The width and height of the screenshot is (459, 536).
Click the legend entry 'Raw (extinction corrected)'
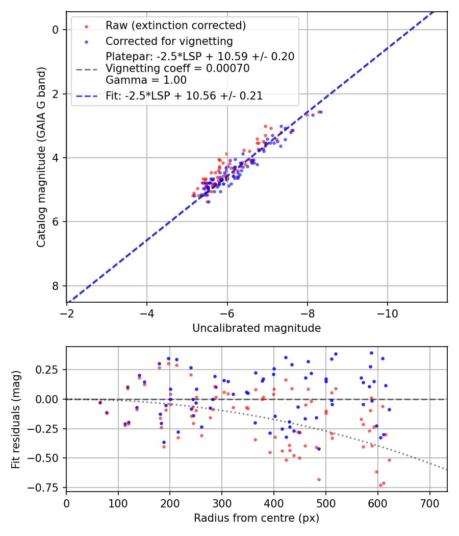(x=175, y=26)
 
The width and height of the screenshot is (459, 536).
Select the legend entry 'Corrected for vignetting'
(x=169, y=41)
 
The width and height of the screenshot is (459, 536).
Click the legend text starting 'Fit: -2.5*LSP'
(x=184, y=96)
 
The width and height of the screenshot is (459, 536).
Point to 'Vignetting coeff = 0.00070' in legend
(x=177, y=68)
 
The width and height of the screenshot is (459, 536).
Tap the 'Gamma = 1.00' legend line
(x=146, y=80)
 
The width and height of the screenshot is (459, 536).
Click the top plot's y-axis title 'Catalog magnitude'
(x=41, y=157)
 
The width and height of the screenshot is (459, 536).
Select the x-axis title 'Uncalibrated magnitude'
(x=257, y=328)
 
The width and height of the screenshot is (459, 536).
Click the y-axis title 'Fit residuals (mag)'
(x=15, y=419)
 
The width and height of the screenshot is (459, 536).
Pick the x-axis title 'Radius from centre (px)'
(x=257, y=518)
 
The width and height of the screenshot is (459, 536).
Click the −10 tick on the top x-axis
(x=388, y=311)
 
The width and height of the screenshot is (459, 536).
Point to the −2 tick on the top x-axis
(x=66, y=311)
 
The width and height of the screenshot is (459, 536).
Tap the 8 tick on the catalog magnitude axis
(x=56, y=285)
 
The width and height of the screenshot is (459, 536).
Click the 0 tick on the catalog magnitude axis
(x=56, y=30)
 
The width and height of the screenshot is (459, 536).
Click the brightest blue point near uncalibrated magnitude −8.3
(x=321, y=112)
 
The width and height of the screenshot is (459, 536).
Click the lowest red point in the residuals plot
(x=380, y=485)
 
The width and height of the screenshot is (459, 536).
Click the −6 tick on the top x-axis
(x=227, y=311)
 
